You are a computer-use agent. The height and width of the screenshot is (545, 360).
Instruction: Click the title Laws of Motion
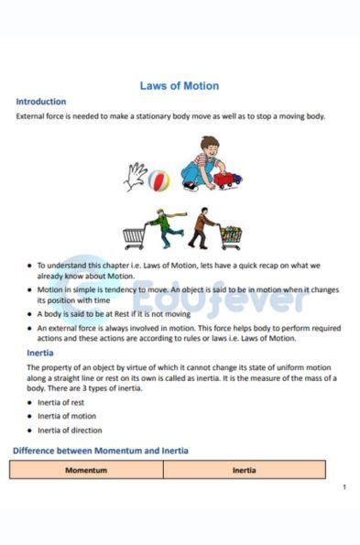pyautogui.click(x=180, y=86)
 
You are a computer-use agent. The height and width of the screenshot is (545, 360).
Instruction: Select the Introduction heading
pyautogui.click(x=41, y=102)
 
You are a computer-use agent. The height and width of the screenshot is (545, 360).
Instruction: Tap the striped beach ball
pyautogui.click(x=158, y=180)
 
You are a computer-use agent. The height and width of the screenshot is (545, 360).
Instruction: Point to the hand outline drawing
pyautogui.click(x=136, y=176)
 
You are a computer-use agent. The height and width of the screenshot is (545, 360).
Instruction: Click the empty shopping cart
pyautogui.click(x=135, y=236)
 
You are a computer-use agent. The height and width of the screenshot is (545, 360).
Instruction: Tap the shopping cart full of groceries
pyautogui.click(x=231, y=236)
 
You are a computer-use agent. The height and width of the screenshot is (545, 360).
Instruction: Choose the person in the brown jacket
pyautogui.click(x=202, y=229)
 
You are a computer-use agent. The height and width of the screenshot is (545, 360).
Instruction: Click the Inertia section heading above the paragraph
pyautogui.click(x=31, y=353)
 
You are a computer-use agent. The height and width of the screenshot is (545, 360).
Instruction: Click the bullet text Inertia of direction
pyautogui.click(x=69, y=430)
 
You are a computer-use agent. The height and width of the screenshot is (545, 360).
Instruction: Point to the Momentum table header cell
pyautogui.click(x=86, y=470)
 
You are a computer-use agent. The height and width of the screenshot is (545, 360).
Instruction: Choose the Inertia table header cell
pyautogui.click(x=244, y=470)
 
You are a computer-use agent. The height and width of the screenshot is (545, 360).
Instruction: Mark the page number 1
pyautogui.click(x=344, y=486)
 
